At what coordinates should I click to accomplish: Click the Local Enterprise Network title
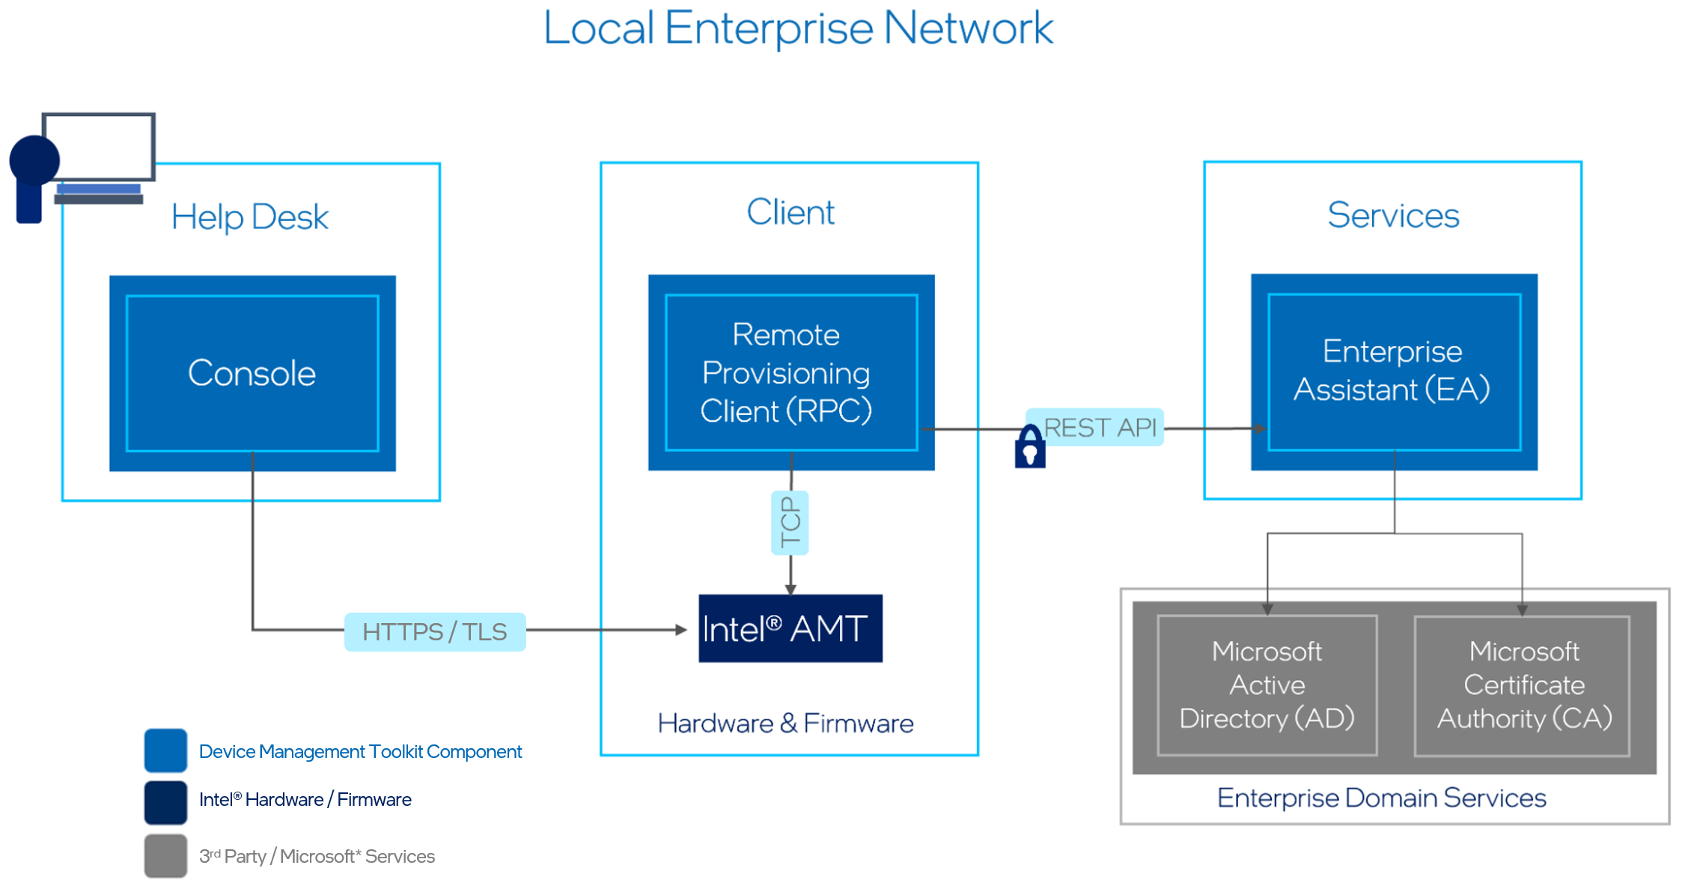(x=798, y=28)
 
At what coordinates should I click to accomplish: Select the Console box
(x=252, y=373)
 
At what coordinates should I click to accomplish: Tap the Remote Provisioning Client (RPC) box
(x=790, y=372)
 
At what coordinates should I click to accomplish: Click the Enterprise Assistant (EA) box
(x=1393, y=371)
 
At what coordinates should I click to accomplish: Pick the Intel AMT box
(x=790, y=628)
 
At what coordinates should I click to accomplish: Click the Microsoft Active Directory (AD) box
(x=1267, y=685)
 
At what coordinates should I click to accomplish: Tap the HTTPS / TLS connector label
(x=435, y=632)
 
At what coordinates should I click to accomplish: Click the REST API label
(x=1100, y=428)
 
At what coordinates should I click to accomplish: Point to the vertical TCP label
(x=790, y=523)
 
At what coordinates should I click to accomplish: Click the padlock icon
(x=1029, y=448)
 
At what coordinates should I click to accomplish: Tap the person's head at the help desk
(x=34, y=160)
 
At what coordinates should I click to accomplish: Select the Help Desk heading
(x=249, y=217)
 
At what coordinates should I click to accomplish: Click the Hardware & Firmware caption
(x=785, y=723)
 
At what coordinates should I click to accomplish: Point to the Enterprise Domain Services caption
(x=1381, y=798)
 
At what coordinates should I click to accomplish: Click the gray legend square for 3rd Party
(x=165, y=855)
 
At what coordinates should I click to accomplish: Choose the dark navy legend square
(x=165, y=802)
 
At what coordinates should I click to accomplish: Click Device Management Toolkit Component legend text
(x=360, y=751)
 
